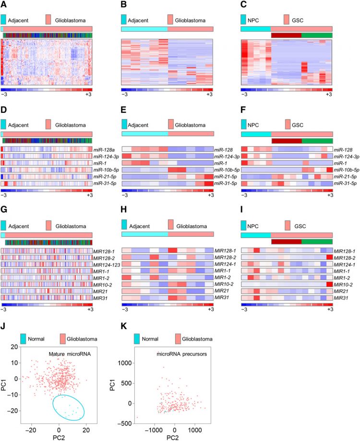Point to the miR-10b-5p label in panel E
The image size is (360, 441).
click(x=225, y=170)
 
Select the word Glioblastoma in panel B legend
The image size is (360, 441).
click(x=191, y=21)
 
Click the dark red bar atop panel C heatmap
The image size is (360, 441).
click(x=286, y=35)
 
